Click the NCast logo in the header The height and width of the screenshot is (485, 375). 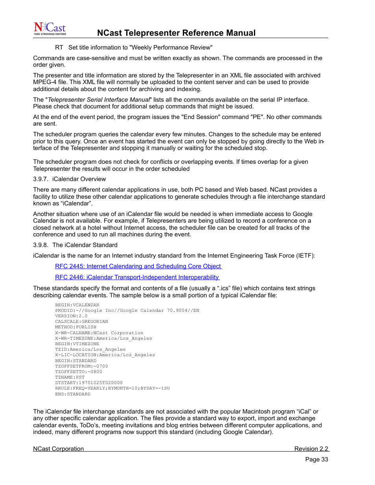point(50,29)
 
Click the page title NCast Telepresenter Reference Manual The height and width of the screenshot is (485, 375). point(176,33)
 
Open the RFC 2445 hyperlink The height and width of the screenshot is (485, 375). point(138,266)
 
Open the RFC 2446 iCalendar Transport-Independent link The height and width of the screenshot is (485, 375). point(137,277)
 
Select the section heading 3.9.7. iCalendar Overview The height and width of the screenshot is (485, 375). point(70,179)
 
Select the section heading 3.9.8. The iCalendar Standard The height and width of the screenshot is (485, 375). point(75,245)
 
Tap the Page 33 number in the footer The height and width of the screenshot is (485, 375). point(316,459)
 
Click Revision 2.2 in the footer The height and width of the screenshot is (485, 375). point(311,449)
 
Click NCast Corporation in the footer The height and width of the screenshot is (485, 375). point(59,449)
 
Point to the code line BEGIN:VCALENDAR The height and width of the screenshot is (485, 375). point(77,305)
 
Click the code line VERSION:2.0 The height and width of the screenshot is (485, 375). point(71,316)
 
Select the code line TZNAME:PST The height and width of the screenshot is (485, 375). point(70,377)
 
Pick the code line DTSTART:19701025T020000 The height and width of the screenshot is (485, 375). point(89,383)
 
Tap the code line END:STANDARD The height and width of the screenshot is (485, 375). point(73,394)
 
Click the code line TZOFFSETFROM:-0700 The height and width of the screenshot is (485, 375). point(81,366)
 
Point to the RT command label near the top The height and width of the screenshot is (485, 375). point(59,48)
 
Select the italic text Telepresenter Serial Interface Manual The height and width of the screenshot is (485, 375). point(99,100)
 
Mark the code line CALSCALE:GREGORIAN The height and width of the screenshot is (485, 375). point(81,322)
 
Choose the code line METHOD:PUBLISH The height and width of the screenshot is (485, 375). point(75,327)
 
